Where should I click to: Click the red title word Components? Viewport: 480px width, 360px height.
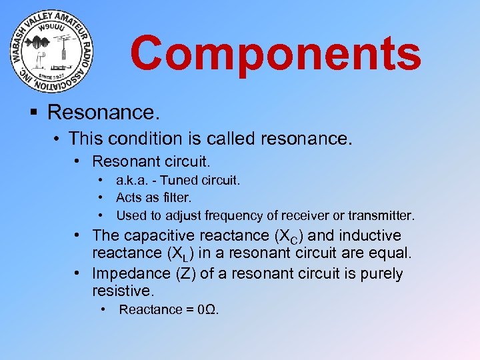pos(275,54)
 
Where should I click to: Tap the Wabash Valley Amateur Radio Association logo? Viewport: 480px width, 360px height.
pos(53,52)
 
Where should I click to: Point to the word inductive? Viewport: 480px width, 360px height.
pos(367,235)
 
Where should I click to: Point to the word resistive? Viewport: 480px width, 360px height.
pos(123,291)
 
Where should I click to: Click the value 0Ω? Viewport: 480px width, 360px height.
pos(208,309)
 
